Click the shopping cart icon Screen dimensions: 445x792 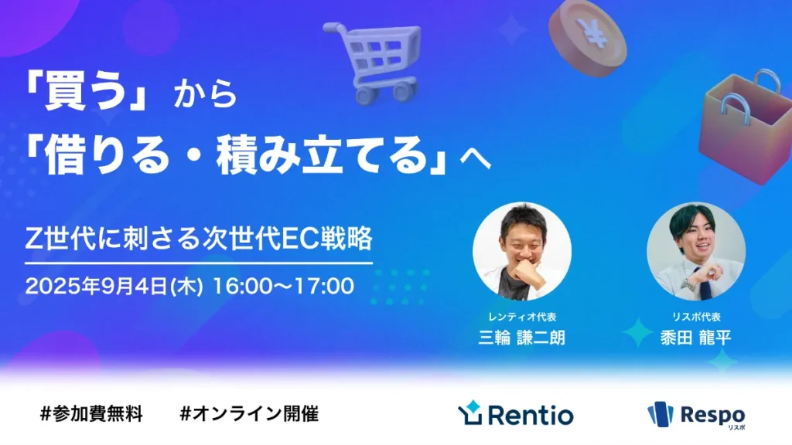pyautogui.click(x=370, y=59)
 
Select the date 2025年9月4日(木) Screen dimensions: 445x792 pyautogui.click(x=114, y=286)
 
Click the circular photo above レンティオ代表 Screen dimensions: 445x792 pyautogui.click(x=522, y=250)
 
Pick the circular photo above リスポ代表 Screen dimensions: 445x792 pyautogui.click(x=696, y=250)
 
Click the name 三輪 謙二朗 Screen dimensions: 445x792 pyautogui.click(x=522, y=338)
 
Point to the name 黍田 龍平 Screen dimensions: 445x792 pyautogui.click(x=696, y=338)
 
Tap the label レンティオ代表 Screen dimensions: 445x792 pyautogui.click(x=522, y=317)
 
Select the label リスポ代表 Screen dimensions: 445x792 pyautogui.click(x=696, y=317)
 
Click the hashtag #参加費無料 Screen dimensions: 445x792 pyautogui.click(x=91, y=413)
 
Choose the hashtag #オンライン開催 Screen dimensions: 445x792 pyautogui.click(x=249, y=413)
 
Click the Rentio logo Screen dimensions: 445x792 pyautogui.click(x=516, y=414)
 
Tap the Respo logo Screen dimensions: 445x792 pyautogui.click(x=696, y=415)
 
